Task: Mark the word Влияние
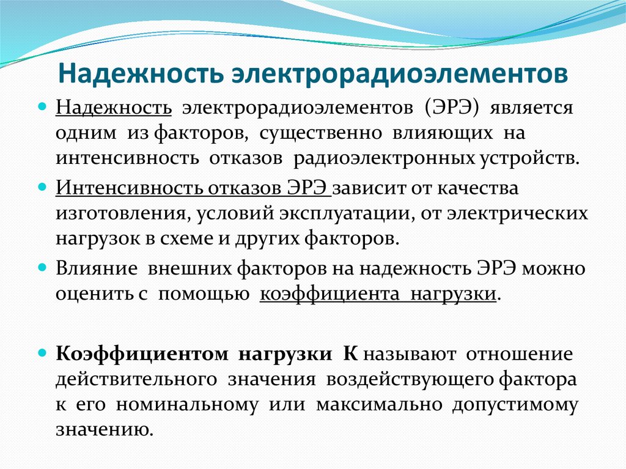[x=90, y=268]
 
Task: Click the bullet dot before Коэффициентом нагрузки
[x=43, y=353]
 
